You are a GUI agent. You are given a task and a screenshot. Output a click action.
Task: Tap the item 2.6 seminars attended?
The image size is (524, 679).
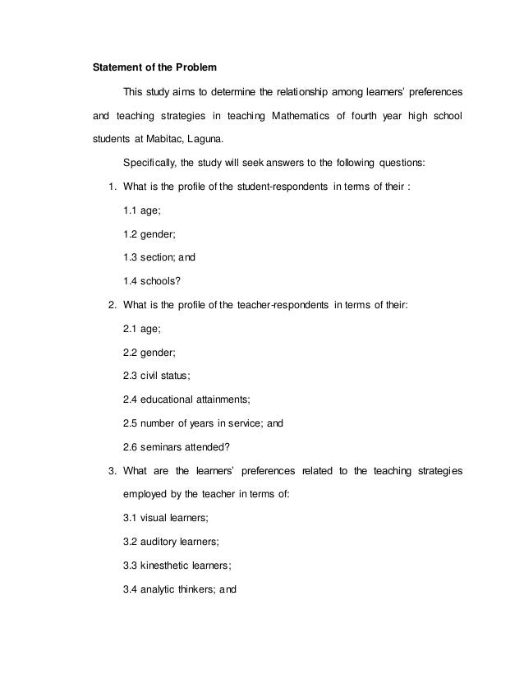[176, 448]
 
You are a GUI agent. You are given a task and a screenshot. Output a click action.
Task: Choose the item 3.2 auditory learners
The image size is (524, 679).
[171, 543]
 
